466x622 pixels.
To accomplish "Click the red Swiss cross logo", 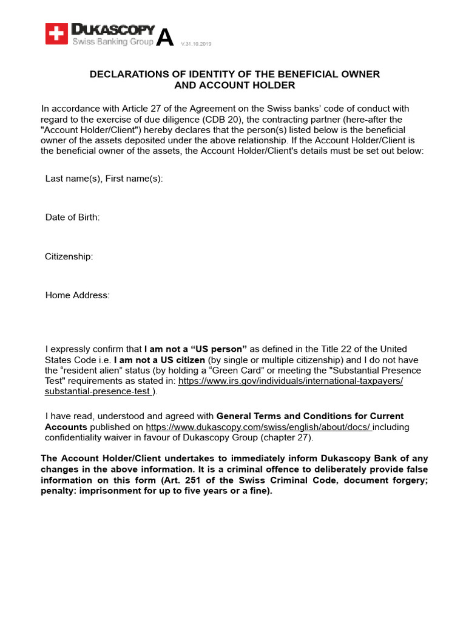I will (56, 34).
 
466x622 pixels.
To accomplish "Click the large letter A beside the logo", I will (164, 38).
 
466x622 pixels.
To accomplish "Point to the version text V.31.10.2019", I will (196, 44).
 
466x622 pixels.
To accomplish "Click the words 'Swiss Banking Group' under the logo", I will (113, 42).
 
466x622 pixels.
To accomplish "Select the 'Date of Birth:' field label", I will (72, 217).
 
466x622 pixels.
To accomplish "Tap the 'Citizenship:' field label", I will (69, 256).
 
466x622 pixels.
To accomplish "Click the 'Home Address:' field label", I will (77, 295).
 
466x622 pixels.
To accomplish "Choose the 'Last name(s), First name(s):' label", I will (104, 179).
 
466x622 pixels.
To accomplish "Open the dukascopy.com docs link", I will (258, 427).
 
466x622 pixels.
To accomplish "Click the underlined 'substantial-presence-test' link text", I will (98, 391).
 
